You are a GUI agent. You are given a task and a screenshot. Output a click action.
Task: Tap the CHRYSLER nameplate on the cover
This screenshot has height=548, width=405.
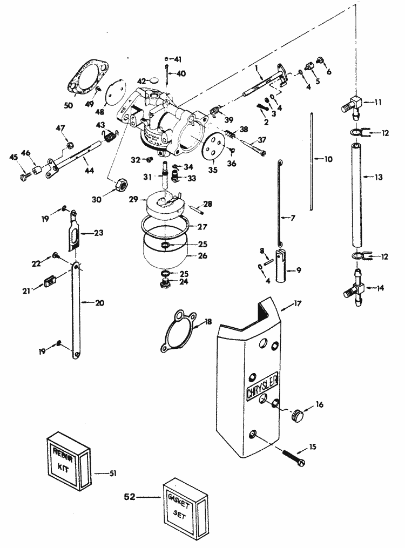[262, 387]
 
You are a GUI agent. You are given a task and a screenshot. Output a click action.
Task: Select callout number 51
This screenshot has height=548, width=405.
[112, 473]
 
